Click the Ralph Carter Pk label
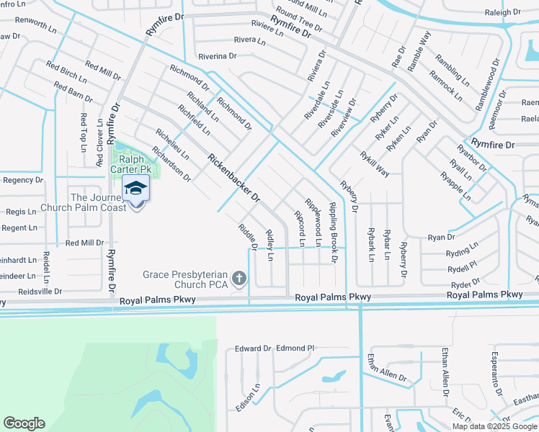[x=132, y=164]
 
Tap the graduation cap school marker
[x=135, y=189]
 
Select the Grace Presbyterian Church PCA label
[x=185, y=279]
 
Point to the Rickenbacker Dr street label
[x=233, y=176]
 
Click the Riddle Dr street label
[x=248, y=238]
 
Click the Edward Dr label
[x=253, y=348]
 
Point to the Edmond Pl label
[x=295, y=348]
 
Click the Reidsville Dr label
[x=31, y=292]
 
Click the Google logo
[x=24, y=423]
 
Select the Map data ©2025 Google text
[x=494, y=426]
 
